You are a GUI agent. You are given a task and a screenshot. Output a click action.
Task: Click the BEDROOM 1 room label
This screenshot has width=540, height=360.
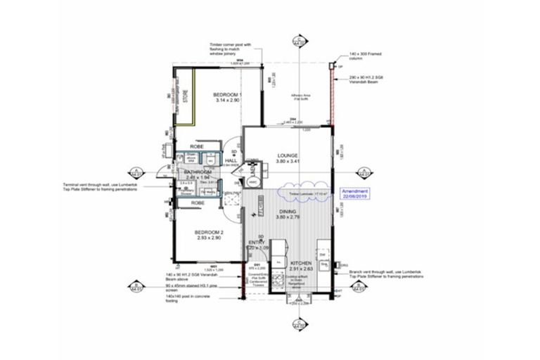pyautogui.click(x=228, y=95)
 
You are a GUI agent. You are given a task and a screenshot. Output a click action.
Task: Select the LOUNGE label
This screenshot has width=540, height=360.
pyautogui.click(x=288, y=155)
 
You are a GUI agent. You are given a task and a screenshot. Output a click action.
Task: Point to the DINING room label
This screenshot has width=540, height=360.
pyautogui.click(x=288, y=211)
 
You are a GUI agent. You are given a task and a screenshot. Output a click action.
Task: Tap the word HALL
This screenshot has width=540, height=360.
pyautogui.click(x=230, y=160)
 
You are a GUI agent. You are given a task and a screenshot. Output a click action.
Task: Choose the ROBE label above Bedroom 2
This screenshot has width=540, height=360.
pyautogui.click(x=198, y=202)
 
